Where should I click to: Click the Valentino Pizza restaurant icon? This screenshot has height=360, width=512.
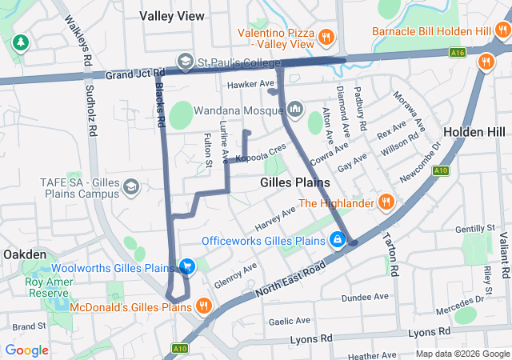pos(326,37)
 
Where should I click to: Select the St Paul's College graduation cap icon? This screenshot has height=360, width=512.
pos(185,62)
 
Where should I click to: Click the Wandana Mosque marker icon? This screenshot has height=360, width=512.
pos(295,107)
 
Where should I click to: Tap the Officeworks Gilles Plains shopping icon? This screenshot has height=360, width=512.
pos(338,240)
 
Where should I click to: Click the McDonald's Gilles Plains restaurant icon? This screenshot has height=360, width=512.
pos(204,306)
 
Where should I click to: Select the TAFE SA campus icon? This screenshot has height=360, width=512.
pos(132,187)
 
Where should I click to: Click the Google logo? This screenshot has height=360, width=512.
pos(26,350)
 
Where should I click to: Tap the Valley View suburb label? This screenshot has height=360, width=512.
pos(171,15)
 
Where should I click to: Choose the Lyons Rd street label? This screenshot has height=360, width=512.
pos(431,331)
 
